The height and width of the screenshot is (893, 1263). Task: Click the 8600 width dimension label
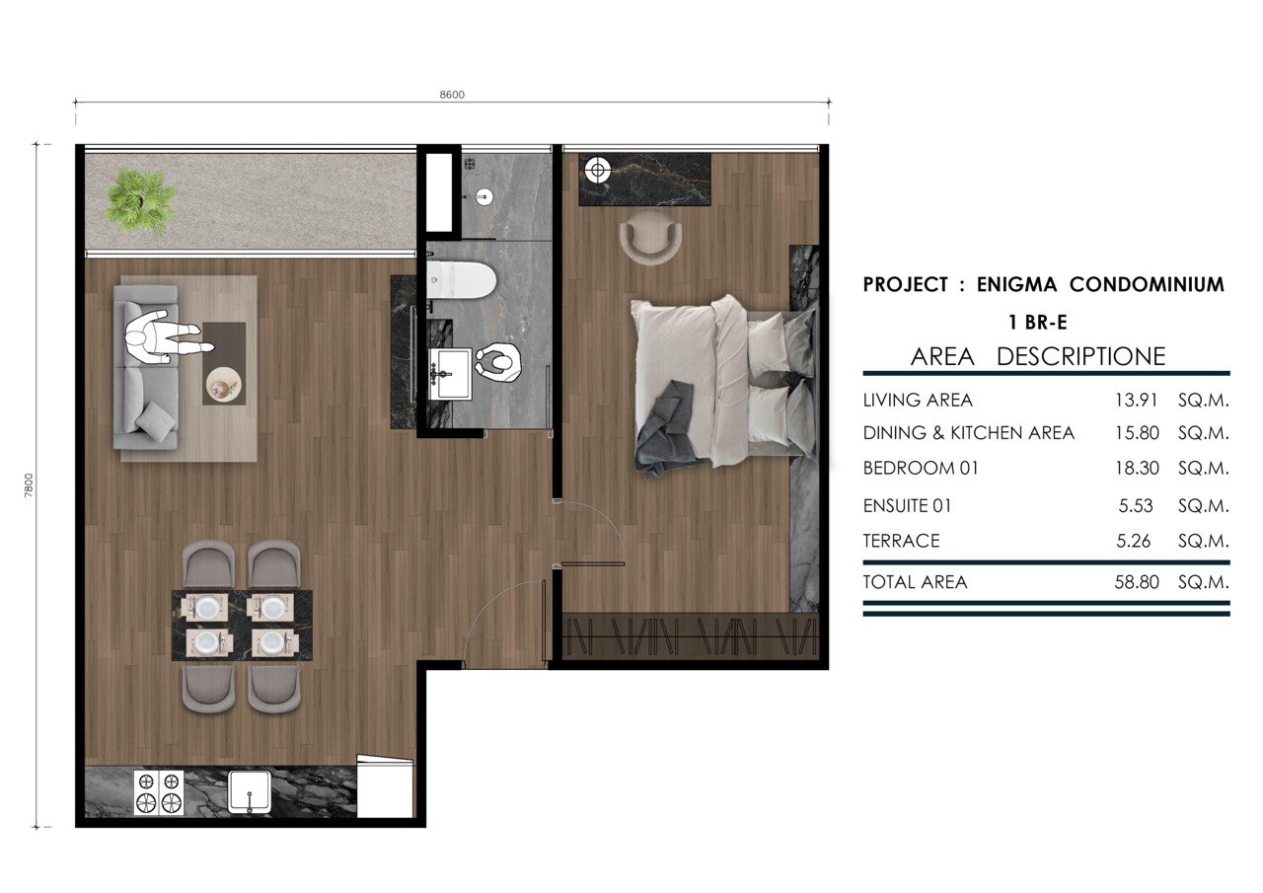click(452, 95)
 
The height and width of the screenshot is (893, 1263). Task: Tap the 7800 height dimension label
click(29, 485)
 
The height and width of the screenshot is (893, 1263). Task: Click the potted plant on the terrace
click(140, 200)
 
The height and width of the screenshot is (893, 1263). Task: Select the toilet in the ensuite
click(461, 279)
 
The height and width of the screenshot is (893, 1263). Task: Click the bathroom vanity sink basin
click(450, 373)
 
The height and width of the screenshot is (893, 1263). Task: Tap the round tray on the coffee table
click(224, 385)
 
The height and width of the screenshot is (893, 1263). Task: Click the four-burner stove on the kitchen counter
click(159, 792)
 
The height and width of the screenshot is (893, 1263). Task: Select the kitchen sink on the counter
click(249, 792)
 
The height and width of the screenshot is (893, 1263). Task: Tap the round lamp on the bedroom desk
click(598, 170)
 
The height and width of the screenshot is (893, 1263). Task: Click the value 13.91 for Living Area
click(1136, 401)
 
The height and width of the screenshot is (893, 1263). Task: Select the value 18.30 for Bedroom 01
click(1137, 468)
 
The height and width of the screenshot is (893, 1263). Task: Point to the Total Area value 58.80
click(1137, 582)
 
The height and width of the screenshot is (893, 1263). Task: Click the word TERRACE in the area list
click(901, 541)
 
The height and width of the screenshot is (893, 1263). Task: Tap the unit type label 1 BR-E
click(1037, 323)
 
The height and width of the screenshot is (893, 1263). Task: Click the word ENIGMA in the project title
click(1016, 285)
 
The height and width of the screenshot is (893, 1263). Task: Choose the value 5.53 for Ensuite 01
click(1136, 505)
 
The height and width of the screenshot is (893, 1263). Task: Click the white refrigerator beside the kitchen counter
click(385, 787)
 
